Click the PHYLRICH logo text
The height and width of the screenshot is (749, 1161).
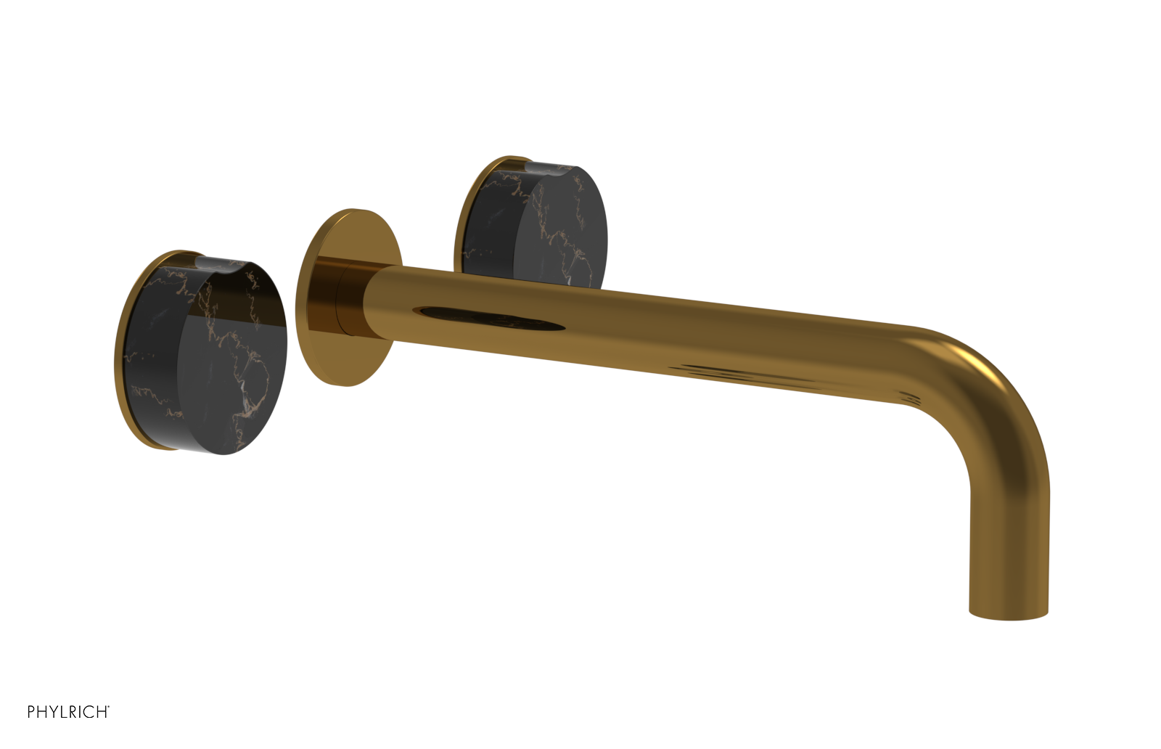point(67,712)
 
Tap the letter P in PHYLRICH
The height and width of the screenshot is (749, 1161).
point(31,712)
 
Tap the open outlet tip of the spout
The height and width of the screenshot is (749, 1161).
point(1009,615)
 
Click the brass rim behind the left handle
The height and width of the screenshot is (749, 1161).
point(123,348)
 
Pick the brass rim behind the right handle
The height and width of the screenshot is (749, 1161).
point(464,210)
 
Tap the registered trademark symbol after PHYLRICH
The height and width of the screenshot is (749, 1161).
point(109,708)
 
